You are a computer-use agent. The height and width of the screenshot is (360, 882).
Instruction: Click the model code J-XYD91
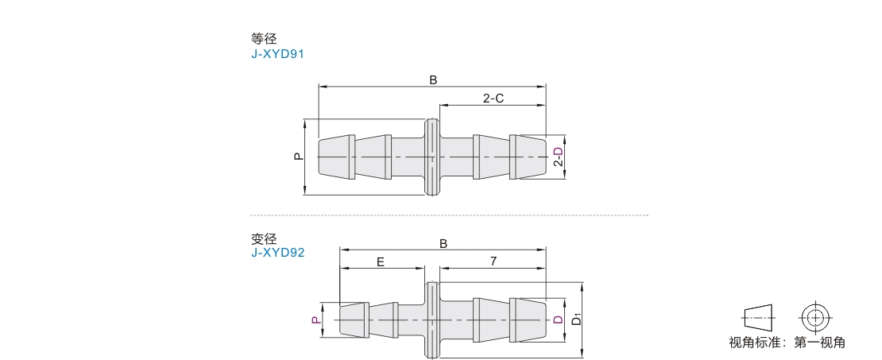click(x=277, y=54)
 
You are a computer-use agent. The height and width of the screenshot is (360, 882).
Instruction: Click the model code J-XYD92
click(x=277, y=253)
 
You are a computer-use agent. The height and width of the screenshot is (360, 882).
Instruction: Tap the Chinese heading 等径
click(x=264, y=39)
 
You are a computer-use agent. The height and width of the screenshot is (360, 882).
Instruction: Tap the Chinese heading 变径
click(x=264, y=238)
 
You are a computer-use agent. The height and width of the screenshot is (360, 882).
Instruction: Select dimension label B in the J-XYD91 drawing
click(x=433, y=80)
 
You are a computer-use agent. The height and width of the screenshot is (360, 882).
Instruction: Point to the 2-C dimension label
click(x=493, y=99)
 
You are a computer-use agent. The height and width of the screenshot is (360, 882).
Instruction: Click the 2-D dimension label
click(x=558, y=157)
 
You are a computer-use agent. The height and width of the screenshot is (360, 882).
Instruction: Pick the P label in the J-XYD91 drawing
click(x=299, y=157)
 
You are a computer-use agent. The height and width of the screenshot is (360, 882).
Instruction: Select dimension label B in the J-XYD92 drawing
click(x=443, y=243)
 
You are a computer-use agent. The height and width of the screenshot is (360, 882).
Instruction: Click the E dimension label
click(x=381, y=261)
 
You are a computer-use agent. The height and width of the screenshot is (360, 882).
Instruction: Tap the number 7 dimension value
click(x=493, y=261)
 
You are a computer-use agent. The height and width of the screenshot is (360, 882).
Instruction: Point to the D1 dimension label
click(x=576, y=320)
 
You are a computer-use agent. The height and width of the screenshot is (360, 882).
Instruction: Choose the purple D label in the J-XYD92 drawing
click(x=558, y=319)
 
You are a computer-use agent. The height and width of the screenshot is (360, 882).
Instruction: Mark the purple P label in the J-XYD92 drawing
click(x=317, y=319)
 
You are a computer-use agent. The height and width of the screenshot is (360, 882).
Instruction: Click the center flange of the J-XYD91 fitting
click(x=432, y=157)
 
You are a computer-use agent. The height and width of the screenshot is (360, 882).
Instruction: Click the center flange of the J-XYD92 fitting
click(x=432, y=319)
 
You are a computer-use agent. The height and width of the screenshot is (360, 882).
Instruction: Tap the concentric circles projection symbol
click(x=814, y=317)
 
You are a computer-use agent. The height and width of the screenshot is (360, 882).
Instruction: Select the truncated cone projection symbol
click(x=758, y=317)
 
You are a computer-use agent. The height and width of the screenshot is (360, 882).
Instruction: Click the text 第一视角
click(x=819, y=342)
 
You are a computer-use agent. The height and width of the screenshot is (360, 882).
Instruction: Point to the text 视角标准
click(x=754, y=342)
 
